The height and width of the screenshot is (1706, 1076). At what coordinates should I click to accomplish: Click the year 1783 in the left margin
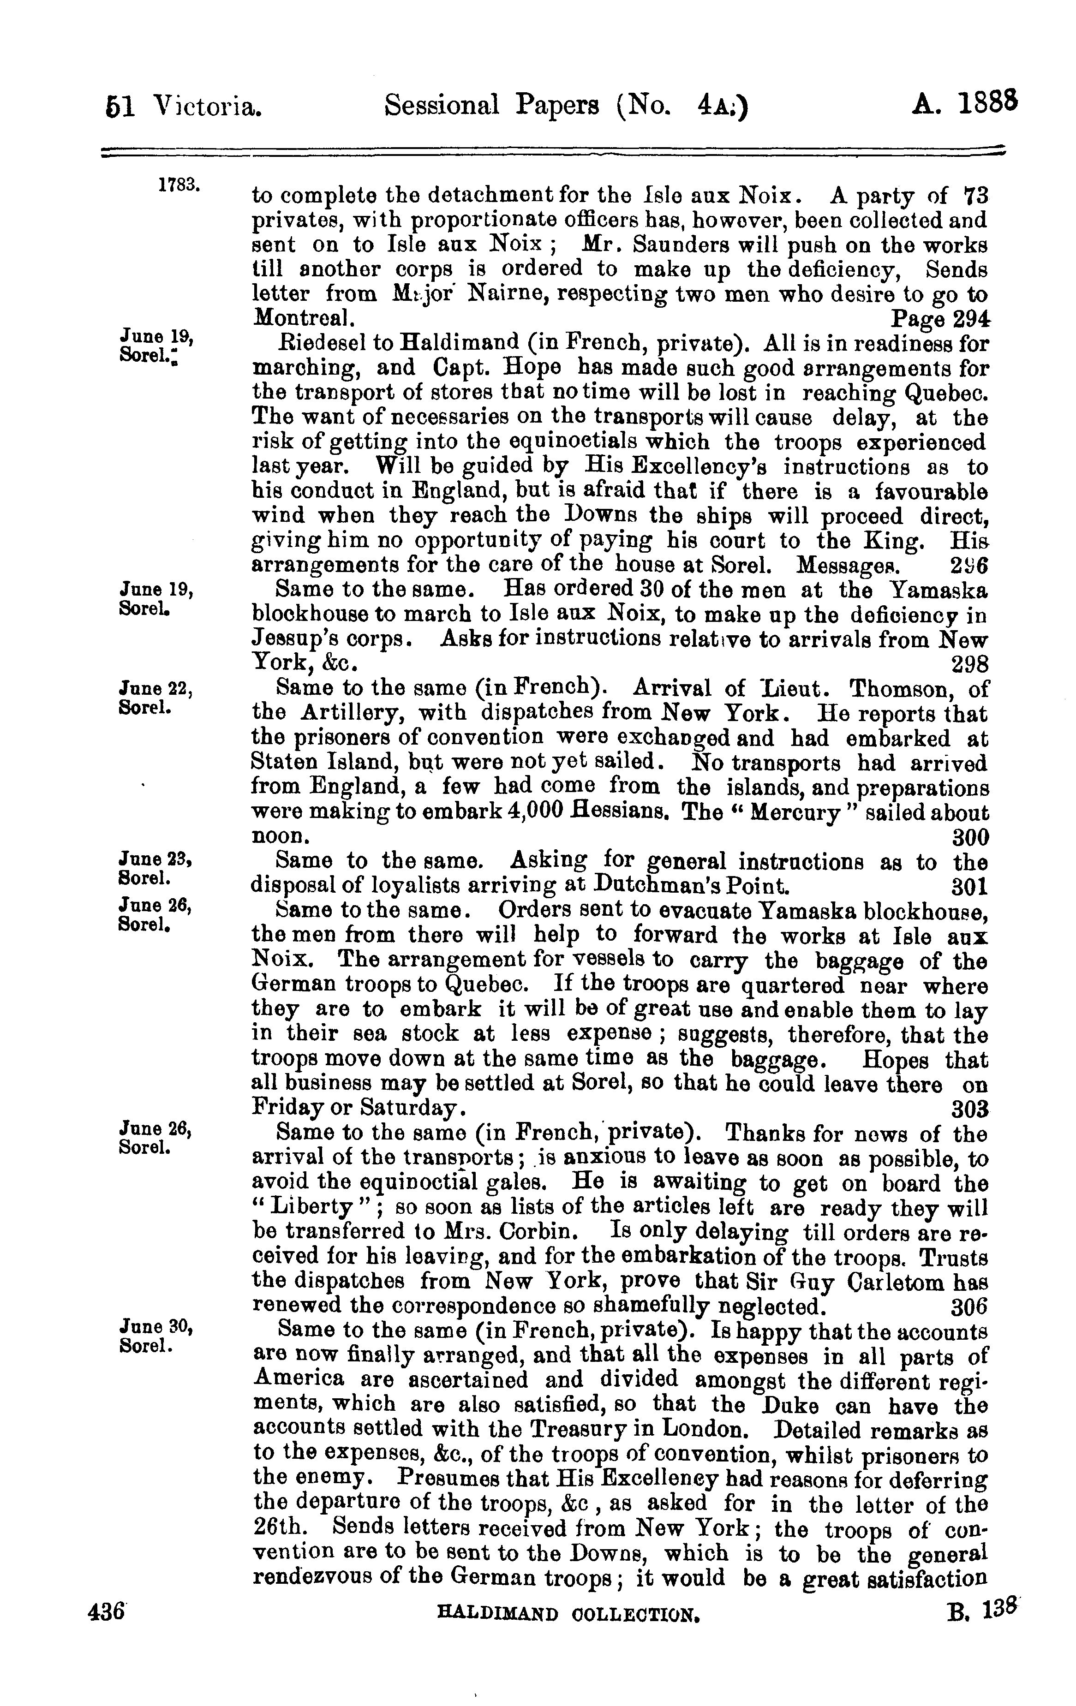point(179,185)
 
